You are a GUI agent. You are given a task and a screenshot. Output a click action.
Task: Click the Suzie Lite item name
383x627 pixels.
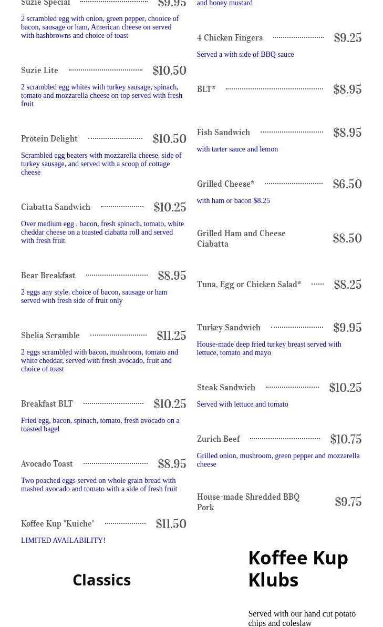[x=39, y=70]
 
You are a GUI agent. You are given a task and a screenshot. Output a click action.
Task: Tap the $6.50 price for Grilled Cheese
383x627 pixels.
[x=347, y=184]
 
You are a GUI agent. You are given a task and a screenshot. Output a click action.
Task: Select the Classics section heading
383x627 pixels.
[x=101, y=580]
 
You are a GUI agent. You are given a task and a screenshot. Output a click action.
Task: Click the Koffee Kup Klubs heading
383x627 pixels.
[x=298, y=569]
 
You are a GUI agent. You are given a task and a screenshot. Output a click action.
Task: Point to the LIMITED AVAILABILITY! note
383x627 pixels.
[x=63, y=541]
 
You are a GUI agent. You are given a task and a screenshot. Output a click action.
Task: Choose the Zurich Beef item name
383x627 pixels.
[x=218, y=439]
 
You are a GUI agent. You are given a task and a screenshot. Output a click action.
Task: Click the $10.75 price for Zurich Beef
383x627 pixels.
[x=346, y=439]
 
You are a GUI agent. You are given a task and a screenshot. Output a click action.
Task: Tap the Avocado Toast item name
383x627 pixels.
[x=47, y=464]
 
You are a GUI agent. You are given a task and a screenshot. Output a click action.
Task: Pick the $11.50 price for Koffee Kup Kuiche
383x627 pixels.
[x=171, y=524]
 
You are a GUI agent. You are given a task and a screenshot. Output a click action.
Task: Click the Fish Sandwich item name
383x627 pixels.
[x=223, y=133]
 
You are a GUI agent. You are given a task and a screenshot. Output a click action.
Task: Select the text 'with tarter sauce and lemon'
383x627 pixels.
[x=237, y=149]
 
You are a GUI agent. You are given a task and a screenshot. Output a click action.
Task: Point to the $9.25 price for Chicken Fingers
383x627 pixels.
[x=348, y=38]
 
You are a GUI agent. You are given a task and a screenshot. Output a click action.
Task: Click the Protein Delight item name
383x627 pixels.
[x=49, y=139]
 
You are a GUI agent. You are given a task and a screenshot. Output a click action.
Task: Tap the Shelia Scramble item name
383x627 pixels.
[x=50, y=336]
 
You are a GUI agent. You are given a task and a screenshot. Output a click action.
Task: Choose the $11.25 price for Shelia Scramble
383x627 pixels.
[x=171, y=336]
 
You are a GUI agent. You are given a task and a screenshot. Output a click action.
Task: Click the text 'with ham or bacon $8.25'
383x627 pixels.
[x=233, y=201]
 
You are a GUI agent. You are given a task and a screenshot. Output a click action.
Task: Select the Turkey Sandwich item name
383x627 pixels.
[x=229, y=328]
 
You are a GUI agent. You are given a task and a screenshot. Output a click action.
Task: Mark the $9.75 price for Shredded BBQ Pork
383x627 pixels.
[x=348, y=502]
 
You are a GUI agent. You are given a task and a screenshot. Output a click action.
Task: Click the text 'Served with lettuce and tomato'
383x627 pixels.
[x=242, y=404]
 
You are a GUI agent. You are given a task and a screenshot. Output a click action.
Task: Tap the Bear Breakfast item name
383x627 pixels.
[x=48, y=276]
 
